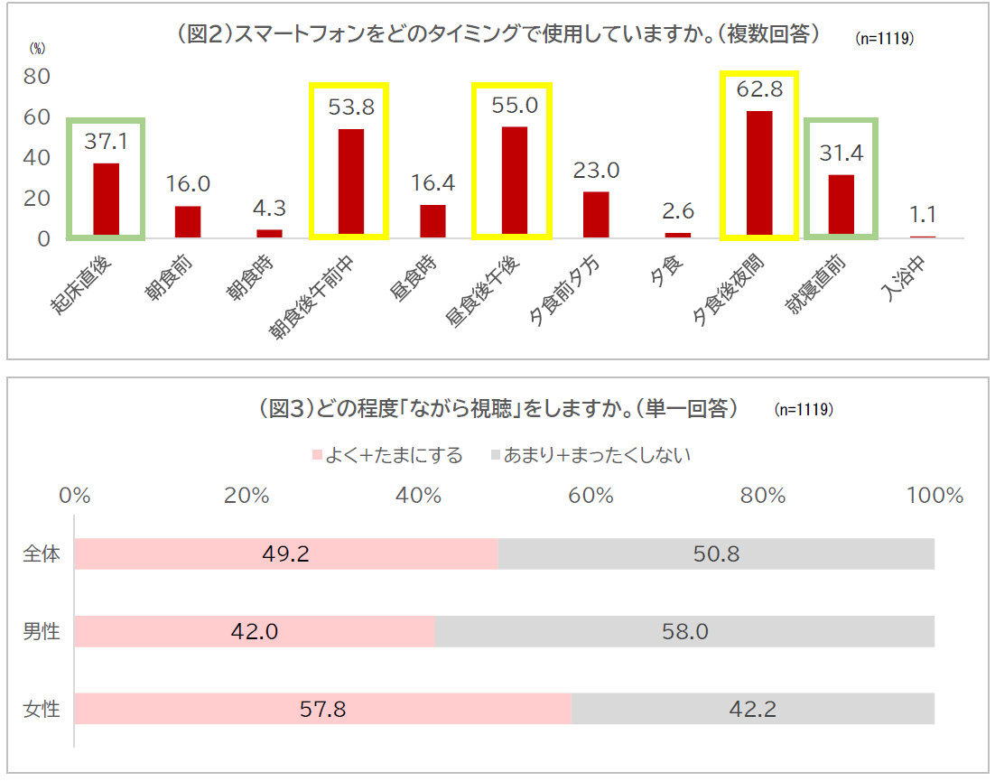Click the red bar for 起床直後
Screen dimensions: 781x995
106,200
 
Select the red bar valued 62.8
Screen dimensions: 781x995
759,173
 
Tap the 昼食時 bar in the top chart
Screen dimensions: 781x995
432,220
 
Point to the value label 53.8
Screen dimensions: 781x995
350,108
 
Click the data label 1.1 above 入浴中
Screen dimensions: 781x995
923,215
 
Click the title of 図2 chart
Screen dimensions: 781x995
499,34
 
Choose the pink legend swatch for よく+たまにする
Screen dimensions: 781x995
316,455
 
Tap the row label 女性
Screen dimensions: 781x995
42,709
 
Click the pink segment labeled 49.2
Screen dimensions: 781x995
285,553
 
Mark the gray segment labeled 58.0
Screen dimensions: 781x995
684,631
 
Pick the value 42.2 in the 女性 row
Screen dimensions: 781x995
752,709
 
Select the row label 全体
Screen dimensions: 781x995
42,553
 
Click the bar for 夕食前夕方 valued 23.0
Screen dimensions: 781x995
596,214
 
